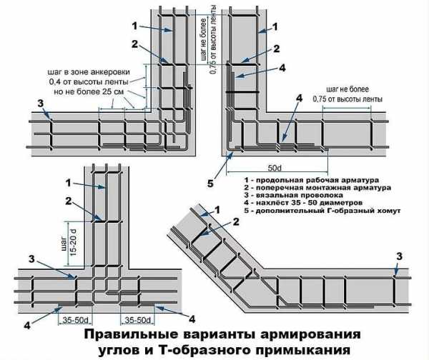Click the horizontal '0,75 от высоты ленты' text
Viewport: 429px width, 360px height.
pyautogui.click(x=347, y=98)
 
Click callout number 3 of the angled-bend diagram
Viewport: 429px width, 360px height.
pyautogui.click(x=399, y=256)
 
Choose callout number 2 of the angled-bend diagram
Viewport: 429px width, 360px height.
pyautogui.click(x=234, y=223)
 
